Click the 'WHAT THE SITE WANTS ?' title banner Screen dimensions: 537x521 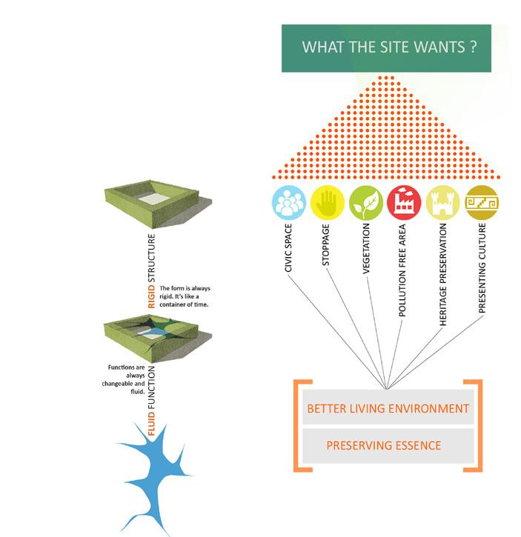pyautogui.click(x=385, y=48)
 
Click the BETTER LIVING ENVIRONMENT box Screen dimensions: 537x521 pyautogui.click(x=388, y=409)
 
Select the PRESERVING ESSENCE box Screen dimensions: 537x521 pyautogui.click(x=384, y=445)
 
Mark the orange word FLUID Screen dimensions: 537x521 pyautogui.click(x=153, y=428)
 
